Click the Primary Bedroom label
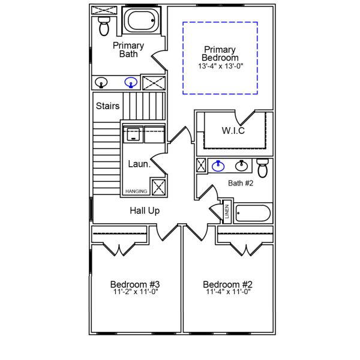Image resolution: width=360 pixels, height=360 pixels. (x=220, y=53)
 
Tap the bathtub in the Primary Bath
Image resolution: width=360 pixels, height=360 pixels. (x=142, y=22)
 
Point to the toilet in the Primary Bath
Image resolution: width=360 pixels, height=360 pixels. (x=103, y=25)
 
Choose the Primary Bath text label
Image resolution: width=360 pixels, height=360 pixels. (x=128, y=50)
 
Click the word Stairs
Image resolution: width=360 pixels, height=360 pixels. (x=108, y=106)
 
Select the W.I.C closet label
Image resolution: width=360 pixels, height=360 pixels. (x=233, y=131)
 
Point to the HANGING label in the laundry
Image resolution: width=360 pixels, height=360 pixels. (x=136, y=191)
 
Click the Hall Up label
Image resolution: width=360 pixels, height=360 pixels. (x=145, y=211)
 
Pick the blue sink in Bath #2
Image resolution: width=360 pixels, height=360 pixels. (x=219, y=165)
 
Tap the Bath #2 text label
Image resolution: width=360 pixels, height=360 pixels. (x=241, y=183)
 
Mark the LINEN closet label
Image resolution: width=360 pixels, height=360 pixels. (x=227, y=211)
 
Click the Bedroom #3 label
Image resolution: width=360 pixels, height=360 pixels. (x=134, y=284)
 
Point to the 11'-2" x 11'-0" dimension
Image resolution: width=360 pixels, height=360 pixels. (x=134, y=292)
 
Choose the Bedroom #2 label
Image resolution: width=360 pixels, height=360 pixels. (x=227, y=284)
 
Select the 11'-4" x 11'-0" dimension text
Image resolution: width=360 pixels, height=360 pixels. (x=227, y=292)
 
